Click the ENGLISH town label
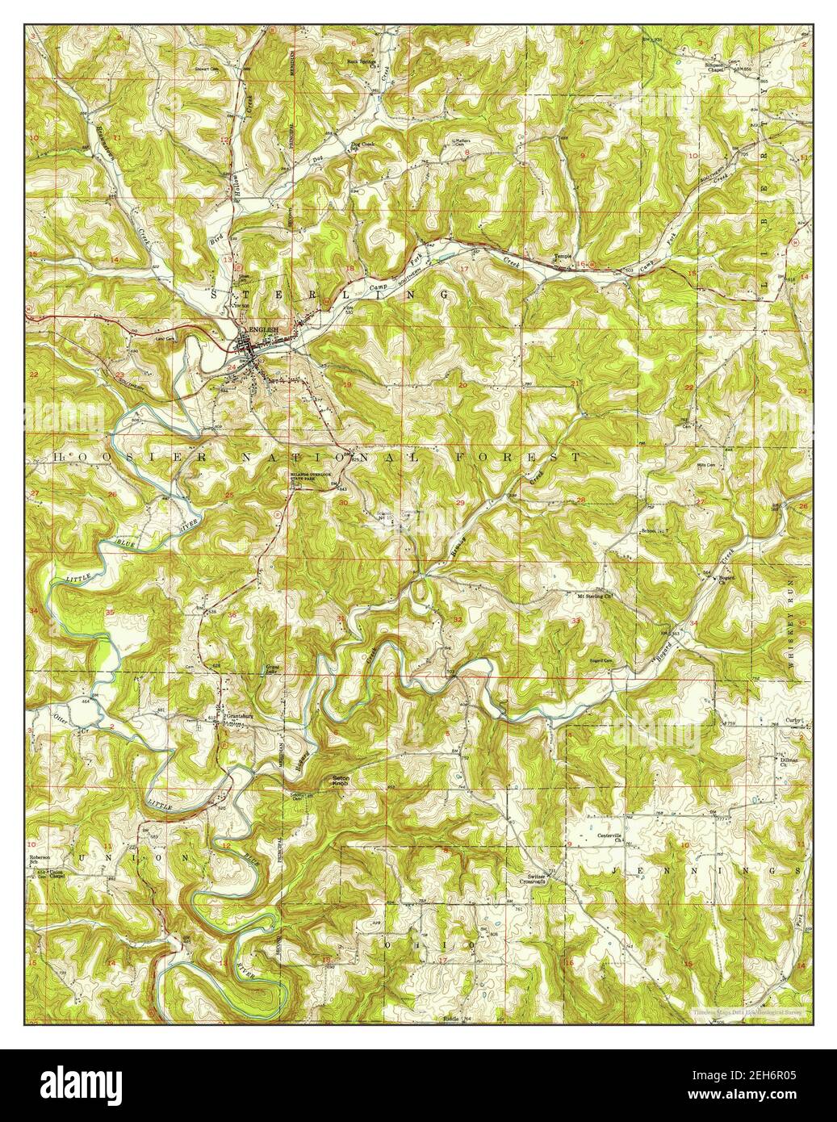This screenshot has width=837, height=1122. [263, 331]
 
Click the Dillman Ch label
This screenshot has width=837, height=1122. [789, 762]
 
